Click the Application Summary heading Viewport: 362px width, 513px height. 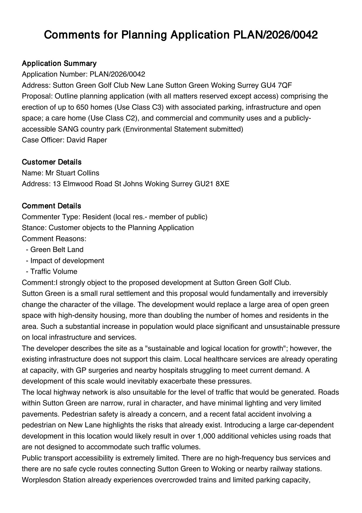(59, 63)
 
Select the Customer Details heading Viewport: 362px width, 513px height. (52, 162)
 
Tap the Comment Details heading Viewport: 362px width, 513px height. (51, 206)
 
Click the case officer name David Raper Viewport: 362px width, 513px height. (87, 140)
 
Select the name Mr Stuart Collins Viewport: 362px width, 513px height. (72, 173)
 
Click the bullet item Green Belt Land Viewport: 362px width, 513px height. (57, 250)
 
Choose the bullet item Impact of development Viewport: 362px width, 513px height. (67, 261)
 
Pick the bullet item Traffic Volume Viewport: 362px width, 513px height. (54, 272)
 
